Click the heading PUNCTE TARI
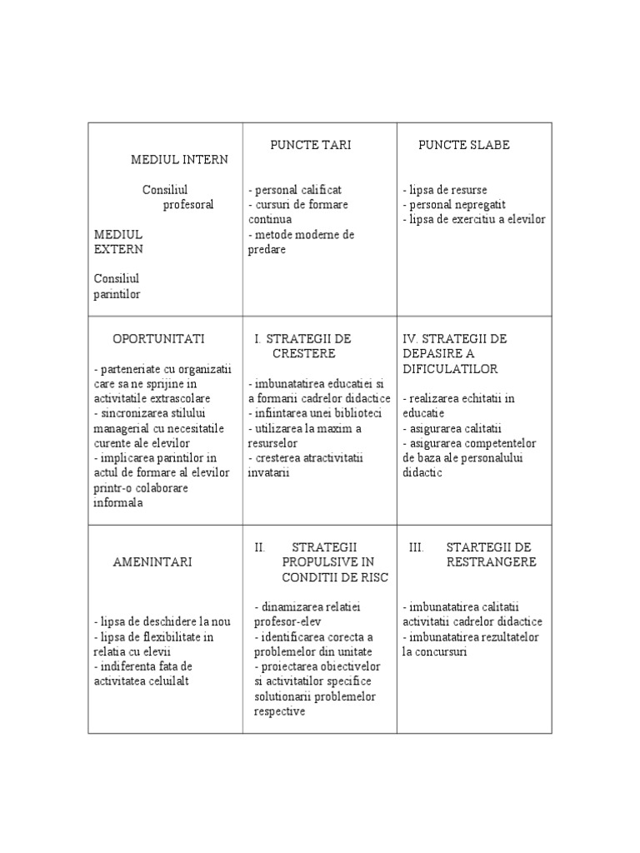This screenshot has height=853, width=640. point(310,145)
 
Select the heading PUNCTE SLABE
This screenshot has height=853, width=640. point(463,145)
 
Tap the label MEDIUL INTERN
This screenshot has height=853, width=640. point(179,159)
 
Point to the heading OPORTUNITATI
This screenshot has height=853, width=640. point(158,339)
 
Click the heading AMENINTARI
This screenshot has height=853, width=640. point(152,562)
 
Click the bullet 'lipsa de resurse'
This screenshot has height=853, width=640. point(447,190)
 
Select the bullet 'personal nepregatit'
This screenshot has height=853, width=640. point(456,205)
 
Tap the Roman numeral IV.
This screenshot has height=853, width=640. point(410,339)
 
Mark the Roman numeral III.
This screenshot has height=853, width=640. point(417,547)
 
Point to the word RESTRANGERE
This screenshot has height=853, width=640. point(491,562)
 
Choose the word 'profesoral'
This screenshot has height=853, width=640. point(188,205)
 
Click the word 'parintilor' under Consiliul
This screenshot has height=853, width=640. point(117,293)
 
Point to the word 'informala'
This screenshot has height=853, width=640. point(119,502)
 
